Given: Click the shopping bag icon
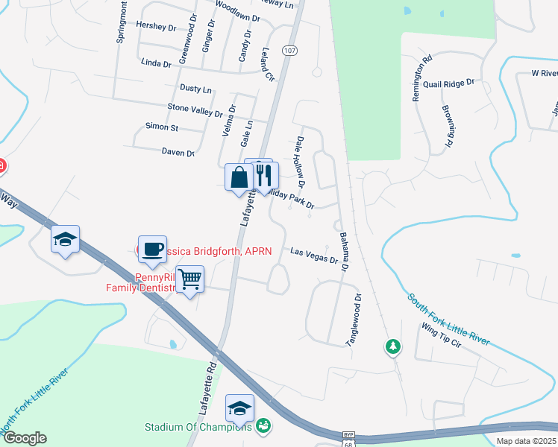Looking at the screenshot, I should pyautogui.click(x=239, y=178).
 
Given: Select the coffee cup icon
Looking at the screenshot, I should pyautogui.click(x=152, y=249).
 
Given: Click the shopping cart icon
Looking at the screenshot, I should pyautogui.click(x=189, y=279).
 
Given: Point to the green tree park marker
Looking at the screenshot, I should pyautogui.click(x=392, y=346).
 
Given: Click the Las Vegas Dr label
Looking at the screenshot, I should pyautogui.click(x=314, y=256).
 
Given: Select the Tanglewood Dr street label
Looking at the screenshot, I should pyautogui.click(x=351, y=319).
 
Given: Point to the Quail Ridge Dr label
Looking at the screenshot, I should pyautogui.click(x=448, y=84).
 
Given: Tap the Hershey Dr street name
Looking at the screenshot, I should pyautogui.click(x=157, y=25).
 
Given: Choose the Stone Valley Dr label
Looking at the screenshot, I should pyautogui.click(x=195, y=111).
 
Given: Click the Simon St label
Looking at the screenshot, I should pyautogui.click(x=162, y=127).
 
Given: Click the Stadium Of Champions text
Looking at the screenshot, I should pyautogui.click(x=198, y=428).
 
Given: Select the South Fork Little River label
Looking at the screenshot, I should pyautogui.click(x=448, y=319).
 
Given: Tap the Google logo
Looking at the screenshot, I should pyautogui.click(x=24, y=438).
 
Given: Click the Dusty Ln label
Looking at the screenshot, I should pyautogui.click(x=196, y=89).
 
